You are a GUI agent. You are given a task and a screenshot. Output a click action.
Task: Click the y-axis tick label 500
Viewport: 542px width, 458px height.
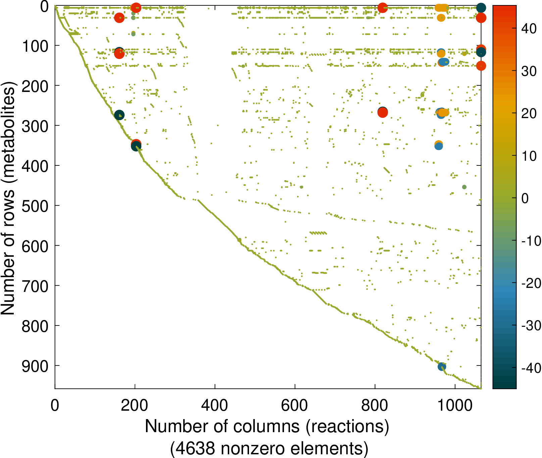[x=35, y=206]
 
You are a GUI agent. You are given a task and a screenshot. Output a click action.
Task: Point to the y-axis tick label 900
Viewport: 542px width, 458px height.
[x=35, y=366]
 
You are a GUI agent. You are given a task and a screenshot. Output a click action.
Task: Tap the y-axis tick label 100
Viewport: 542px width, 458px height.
[x=35, y=46]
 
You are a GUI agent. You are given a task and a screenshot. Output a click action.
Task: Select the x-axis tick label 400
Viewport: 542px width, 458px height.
[x=214, y=405]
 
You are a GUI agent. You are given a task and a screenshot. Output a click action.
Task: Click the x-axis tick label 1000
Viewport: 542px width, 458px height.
[x=455, y=405]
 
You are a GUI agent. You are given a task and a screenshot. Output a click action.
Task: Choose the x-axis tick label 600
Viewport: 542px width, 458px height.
[x=294, y=405]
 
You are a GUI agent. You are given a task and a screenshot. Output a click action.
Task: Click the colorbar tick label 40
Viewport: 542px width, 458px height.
[x=529, y=29]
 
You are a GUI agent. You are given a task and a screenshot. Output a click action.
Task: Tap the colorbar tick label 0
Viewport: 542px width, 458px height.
[x=525, y=198]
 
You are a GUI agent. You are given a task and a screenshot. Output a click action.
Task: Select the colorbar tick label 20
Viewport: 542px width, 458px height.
[x=529, y=113]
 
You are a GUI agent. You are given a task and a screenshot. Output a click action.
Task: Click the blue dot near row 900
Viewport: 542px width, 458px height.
[x=442, y=367]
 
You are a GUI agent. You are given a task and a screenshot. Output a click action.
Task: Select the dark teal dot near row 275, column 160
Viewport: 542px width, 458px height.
[x=119, y=115]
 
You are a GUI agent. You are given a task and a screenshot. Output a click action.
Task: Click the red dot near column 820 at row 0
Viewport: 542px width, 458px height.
[x=383, y=7]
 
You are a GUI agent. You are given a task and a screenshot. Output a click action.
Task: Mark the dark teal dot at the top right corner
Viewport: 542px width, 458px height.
[x=481, y=8]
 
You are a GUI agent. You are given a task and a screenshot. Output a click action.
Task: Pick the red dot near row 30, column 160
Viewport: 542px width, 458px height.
[x=119, y=18]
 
